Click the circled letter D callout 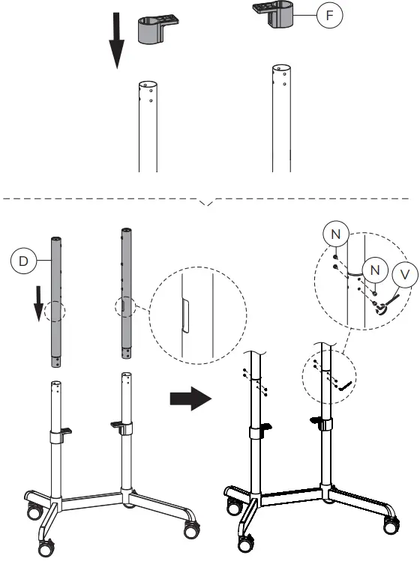point(23,261)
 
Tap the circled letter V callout point(405,275)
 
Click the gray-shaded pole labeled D point(55,300)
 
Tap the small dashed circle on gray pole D point(55,309)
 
